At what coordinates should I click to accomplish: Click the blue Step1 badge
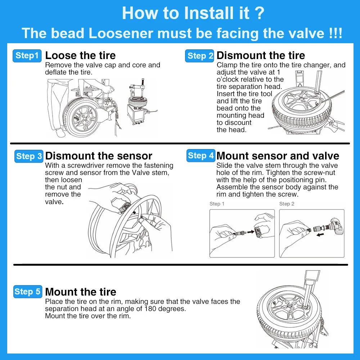tap(27, 56)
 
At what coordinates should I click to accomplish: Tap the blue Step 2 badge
tap(200, 56)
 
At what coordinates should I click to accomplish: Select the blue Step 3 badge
tap(29, 156)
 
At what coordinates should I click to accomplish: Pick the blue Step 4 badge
tap(201, 156)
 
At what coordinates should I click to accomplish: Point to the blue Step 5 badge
tap(28, 292)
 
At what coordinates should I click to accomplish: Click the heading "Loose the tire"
tap(80, 55)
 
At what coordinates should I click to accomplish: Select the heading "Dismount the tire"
tap(261, 55)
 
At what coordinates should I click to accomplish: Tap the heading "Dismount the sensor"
tap(99, 156)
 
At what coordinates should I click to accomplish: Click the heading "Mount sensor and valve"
tap(278, 156)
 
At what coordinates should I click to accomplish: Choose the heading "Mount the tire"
tap(81, 292)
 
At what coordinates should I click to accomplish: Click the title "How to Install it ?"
tap(193, 13)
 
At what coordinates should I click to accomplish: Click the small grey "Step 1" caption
tap(217, 204)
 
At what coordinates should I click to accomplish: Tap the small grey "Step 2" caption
tap(287, 204)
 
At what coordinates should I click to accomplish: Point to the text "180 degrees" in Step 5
tap(165, 309)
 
